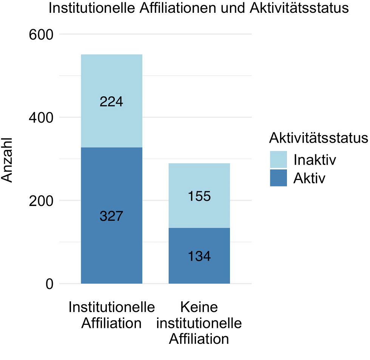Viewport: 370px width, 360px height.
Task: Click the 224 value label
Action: (111, 102)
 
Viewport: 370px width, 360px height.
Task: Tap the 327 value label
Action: (111, 216)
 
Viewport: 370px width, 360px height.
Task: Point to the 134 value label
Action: (199, 256)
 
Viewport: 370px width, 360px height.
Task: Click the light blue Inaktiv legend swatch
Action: (278, 160)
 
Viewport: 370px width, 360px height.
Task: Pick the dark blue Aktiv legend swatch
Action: (278, 178)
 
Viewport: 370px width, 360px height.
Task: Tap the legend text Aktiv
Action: (309, 178)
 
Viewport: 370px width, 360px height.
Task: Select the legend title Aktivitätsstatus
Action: (318, 138)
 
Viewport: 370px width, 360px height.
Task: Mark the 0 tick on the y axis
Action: (49, 284)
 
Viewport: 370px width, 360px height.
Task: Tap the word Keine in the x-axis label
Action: (199, 308)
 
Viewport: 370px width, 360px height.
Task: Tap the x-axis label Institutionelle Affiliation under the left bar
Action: (111, 315)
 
